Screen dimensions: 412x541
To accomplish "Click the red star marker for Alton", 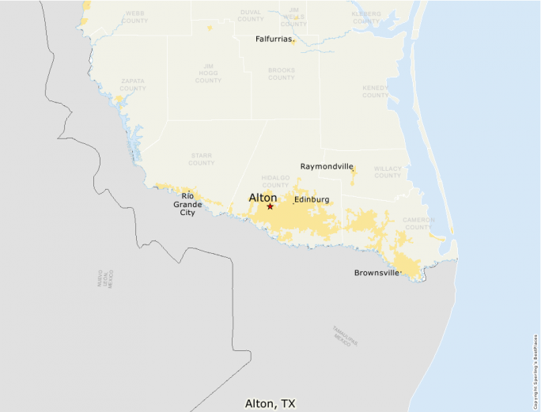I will (270, 206).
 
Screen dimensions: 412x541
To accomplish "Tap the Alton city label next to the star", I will (263, 197).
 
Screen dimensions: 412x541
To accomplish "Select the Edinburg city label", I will (311, 199).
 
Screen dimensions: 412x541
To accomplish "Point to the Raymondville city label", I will (327, 166).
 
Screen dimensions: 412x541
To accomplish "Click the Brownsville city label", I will (376, 273).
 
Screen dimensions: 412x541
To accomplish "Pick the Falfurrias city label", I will (274, 38).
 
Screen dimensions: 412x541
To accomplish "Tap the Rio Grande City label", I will (187, 204).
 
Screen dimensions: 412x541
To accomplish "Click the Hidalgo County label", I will (276, 182).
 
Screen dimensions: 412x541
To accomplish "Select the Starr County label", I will (202, 160).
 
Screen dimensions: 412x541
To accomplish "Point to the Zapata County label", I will (133, 85).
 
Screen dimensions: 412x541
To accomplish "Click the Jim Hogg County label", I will (208, 73).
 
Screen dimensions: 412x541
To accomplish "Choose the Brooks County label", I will (282, 74).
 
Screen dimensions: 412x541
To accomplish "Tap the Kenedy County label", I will (376, 92).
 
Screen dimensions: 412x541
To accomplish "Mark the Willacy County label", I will (388, 172).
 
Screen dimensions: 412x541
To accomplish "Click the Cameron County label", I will (418, 223).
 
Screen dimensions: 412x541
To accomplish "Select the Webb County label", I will (134, 17).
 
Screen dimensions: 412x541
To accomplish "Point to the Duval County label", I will (250, 15).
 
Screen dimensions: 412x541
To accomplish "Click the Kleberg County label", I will (366, 17).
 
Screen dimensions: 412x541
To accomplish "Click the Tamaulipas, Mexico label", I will (346, 336).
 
